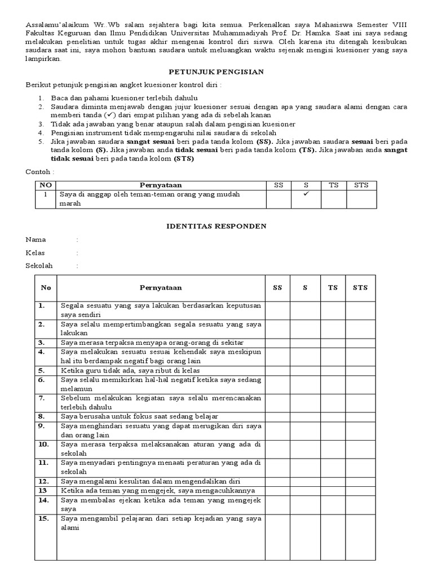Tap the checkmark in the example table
click(306, 193)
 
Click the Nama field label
click(36, 239)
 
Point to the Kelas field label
click(36, 253)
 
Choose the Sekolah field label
click(39, 266)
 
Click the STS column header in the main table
click(360, 287)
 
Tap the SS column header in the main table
click(277, 287)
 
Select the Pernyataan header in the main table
click(161, 287)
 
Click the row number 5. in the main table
click(42, 370)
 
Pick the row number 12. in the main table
click(43, 481)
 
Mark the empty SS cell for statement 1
click(277, 310)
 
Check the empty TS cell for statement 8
click(333, 416)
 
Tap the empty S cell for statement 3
click(305, 342)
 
